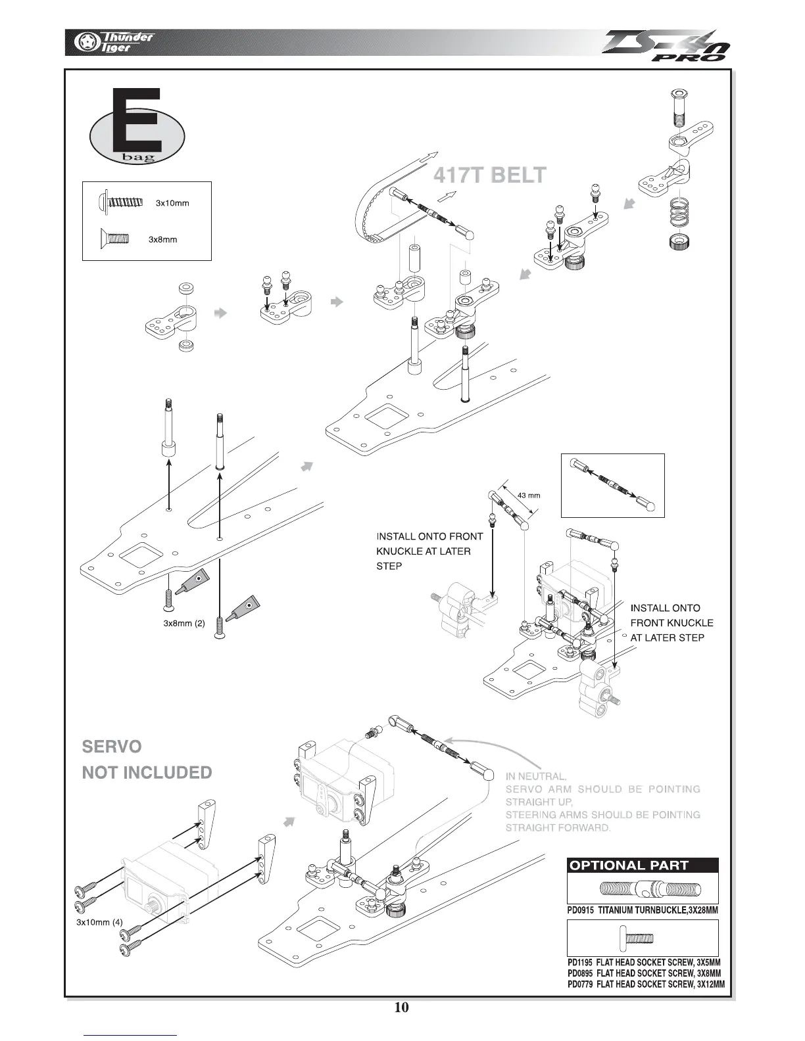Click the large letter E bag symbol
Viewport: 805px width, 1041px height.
pyautogui.click(x=137, y=129)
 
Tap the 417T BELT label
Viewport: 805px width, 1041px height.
pyautogui.click(x=490, y=175)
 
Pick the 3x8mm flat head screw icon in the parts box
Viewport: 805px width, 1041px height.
pyautogui.click(x=115, y=239)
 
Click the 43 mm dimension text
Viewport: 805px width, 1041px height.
pyautogui.click(x=529, y=495)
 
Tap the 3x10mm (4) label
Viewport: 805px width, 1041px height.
pyautogui.click(x=99, y=921)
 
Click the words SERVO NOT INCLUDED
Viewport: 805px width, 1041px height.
pyautogui.click(x=147, y=760)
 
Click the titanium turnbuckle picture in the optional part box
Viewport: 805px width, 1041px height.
pyautogui.click(x=642, y=889)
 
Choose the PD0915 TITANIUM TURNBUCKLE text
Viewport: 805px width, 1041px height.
pyautogui.click(x=642, y=910)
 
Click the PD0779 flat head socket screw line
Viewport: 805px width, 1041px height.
pyautogui.click(x=646, y=984)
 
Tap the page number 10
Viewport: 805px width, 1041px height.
pyautogui.click(x=401, y=1007)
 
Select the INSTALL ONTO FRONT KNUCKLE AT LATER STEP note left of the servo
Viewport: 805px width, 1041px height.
pyautogui.click(x=429, y=551)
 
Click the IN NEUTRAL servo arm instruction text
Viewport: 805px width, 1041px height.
pyautogui.click(x=602, y=802)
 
